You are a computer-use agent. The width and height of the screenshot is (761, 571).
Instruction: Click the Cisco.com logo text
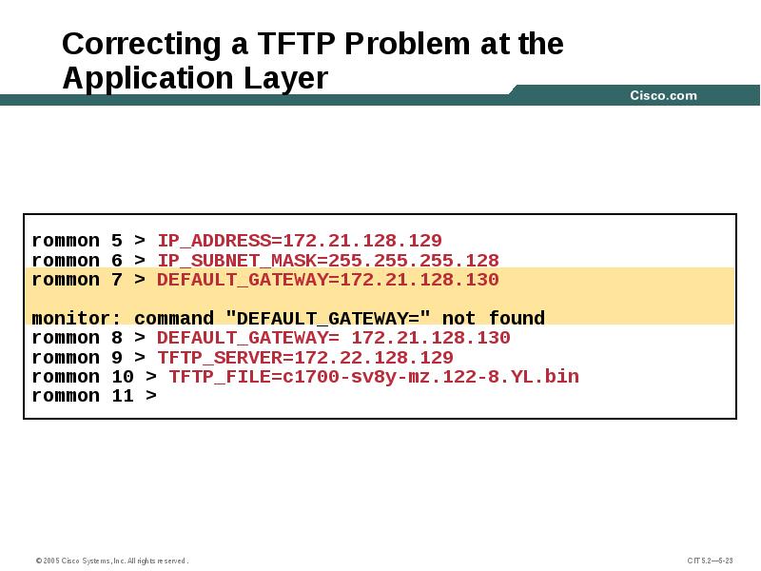pyautogui.click(x=663, y=95)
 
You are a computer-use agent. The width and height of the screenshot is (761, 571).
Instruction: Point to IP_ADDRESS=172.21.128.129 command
pyautogui.click(x=300, y=241)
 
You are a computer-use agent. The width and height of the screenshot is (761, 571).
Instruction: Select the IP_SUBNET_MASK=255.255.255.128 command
pyautogui.click(x=328, y=260)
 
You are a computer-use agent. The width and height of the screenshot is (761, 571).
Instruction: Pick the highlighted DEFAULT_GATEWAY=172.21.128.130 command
pyautogui.click(x=328, y=280)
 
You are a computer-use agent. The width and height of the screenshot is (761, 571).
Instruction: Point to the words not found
pyautogui.click(x=494, y=319)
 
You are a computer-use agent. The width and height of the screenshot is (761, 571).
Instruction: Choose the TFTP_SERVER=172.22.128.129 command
pyautogui.click(x=305, y=358)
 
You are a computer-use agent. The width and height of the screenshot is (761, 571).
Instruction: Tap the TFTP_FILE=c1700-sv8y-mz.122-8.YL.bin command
pyautogui.click(x=374, y=377)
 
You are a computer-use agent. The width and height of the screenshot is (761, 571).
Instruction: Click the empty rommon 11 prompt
pyautogui.click(x=94, y=396)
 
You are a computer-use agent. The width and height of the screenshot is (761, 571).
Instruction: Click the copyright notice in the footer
pyautogui.click(x=112, y=561)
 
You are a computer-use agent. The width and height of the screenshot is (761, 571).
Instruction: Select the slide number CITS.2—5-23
pyautogui.click(x=710, y=561)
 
